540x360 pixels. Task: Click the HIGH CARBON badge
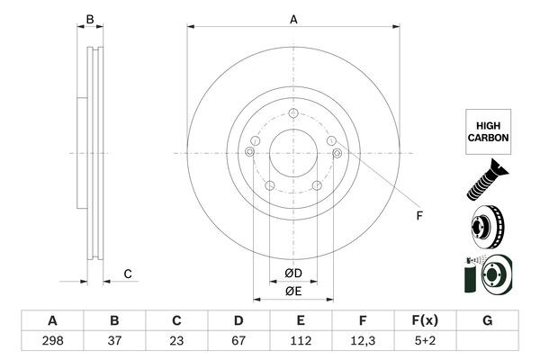click(x=488, y=132)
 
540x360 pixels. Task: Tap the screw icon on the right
click(x=487, y=178)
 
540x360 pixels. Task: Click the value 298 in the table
click(x=52, y=340)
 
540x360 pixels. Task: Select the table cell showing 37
click(x=114, y=340)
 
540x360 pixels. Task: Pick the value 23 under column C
click(x=176, y=340)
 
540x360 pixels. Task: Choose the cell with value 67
click(x=238, y=340)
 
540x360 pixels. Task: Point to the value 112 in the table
click(x=301, y=340)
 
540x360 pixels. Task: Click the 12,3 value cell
click(x=363, y=340)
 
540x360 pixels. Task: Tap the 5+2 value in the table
click(x=425, y=340)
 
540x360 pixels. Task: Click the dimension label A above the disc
click(x=293, y=17)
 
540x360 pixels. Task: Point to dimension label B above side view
click(x=89, y=18)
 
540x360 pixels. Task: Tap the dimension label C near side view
click(x=128, y=274)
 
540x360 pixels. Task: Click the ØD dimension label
click(x=293, y=274)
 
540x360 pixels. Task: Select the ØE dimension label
click(x=293, y=291)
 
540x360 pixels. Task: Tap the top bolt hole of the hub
click(x=293, y=112)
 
